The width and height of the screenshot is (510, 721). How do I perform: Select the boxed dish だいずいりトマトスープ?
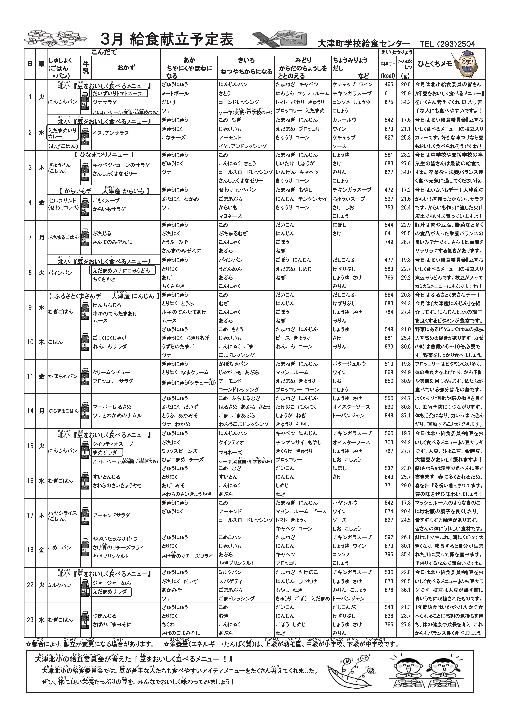click(x=118, y=93)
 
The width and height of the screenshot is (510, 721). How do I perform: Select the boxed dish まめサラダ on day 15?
click(x=106, y=453)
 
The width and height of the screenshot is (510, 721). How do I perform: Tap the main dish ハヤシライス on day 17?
click(x=62, y=513)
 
